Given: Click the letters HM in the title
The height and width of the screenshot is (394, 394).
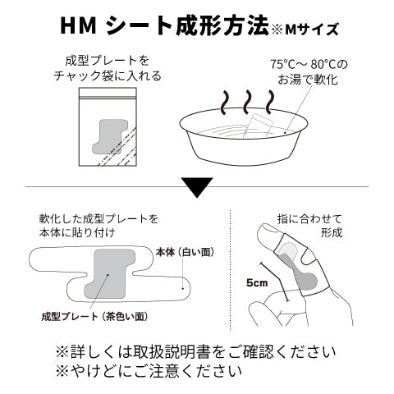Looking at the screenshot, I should click(x=80, y=27).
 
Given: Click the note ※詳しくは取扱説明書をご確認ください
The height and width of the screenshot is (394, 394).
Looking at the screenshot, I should click(x=195, y=350).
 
